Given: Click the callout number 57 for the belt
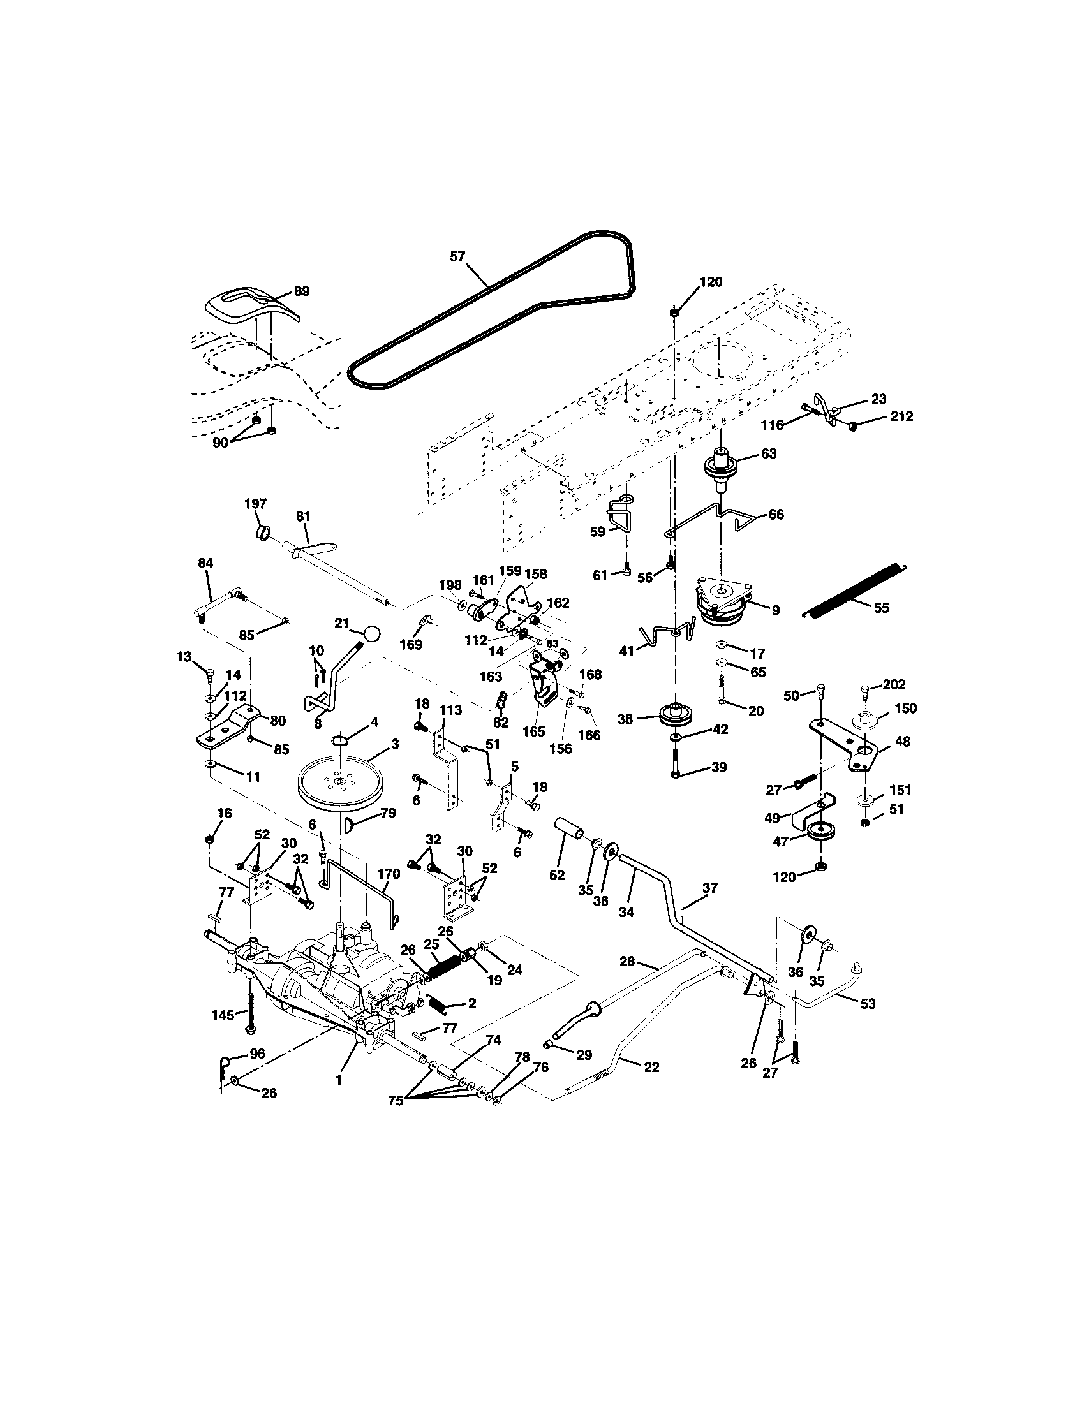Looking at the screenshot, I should coord(457,257).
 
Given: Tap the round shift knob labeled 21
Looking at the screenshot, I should coord(371,633).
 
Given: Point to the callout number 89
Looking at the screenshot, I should coord(301,291).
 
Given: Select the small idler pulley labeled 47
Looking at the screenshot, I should coord(819,830).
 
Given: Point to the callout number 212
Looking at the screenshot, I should coord(901,416).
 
